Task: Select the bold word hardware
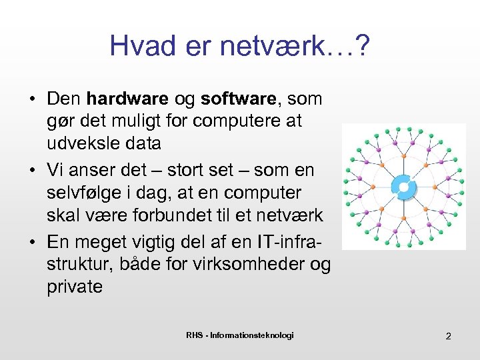click(127, 99)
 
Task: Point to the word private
click(75, 287)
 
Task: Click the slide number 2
click(448, 336)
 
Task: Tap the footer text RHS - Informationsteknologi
click(239, 335)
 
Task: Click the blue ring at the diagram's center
click(402, 187)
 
